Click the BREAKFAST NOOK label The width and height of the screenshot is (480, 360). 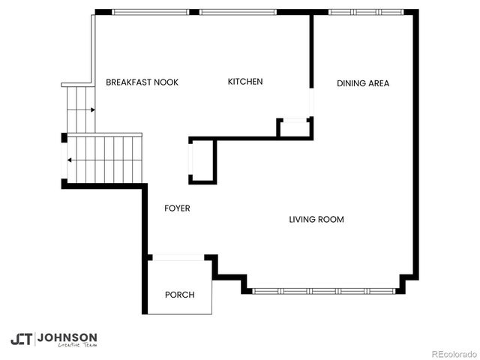pos(142,82)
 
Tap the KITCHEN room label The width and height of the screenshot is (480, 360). pos(245,82)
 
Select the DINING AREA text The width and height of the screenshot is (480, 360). pos(363,83)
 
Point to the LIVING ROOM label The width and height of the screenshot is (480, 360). pos(316,220)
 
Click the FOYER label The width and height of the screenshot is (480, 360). pos(177,208)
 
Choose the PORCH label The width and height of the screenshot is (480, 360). pos(179,295)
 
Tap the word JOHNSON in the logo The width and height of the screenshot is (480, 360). pos(67,337)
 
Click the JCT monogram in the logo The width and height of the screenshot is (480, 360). pos(22,339)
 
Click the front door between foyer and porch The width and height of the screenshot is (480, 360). pos(178,257)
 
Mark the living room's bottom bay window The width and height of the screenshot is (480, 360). pos(324,290)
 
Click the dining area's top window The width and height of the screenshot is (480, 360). pos(366,12)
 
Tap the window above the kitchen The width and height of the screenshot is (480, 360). pos(238,12)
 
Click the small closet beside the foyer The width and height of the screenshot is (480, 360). pos(202,160)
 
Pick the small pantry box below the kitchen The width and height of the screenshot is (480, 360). pos(294,128)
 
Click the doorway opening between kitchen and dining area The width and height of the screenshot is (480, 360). pos(311,102)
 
